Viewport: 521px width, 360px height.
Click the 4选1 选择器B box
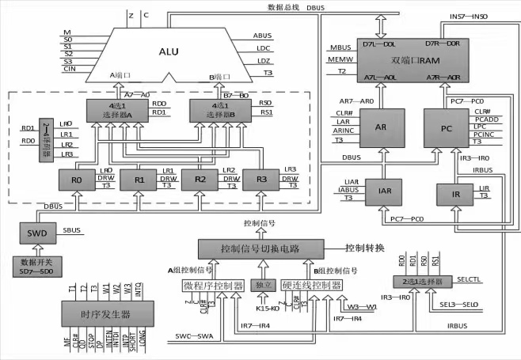(222, 110)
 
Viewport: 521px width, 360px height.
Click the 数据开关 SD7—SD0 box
(37, 267)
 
